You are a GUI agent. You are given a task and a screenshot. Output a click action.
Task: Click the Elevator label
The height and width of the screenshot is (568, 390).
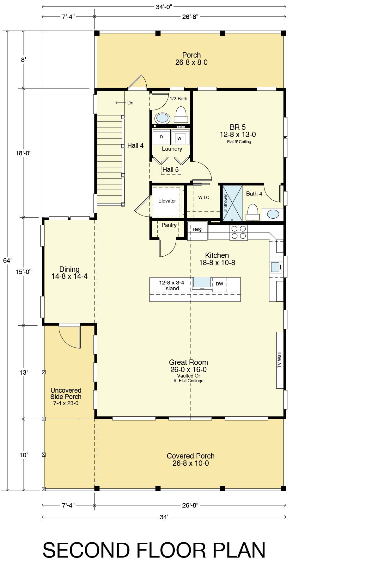[x=167, y=201]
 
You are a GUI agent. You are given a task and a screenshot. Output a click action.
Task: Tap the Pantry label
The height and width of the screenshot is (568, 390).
[x=169, y=225]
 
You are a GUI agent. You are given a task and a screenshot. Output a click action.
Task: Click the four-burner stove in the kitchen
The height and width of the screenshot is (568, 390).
[x=239, y=233]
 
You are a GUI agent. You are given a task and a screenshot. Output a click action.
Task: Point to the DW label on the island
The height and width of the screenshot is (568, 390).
[x=219, y=284]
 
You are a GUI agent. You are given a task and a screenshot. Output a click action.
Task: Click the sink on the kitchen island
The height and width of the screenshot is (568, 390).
[x=202, y=282]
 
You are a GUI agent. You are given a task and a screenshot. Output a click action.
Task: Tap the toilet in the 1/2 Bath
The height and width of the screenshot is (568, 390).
[x=181, y=115]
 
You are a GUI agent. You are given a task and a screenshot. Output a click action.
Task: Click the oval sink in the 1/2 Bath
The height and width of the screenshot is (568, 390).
[x=163, y=118]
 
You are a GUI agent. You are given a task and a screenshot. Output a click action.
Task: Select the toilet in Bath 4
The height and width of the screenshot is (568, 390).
[x=253, y=212]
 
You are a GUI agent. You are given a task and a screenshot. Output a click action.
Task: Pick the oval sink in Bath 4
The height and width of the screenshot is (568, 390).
[x=273, y=214]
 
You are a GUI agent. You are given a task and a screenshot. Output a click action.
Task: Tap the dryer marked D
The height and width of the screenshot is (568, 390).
[x=161, y=137]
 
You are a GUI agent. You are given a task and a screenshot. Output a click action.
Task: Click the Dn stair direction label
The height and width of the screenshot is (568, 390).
[x=130, y=103]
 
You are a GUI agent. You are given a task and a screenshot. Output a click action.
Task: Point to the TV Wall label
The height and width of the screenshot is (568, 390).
[x=279, y=360]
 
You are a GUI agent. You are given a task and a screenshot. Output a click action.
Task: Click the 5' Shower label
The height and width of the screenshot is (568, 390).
[x=226, y=203]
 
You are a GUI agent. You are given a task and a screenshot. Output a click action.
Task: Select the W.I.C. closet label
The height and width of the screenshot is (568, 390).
[x=204, y=197]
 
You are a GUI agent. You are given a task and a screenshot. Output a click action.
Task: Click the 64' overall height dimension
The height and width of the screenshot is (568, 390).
[x=7, y=260]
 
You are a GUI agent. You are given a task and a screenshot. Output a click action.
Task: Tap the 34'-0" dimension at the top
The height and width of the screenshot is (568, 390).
[x=164, y=7]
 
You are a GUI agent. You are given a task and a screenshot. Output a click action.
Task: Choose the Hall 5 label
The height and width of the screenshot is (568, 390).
[x=171, y=170]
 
